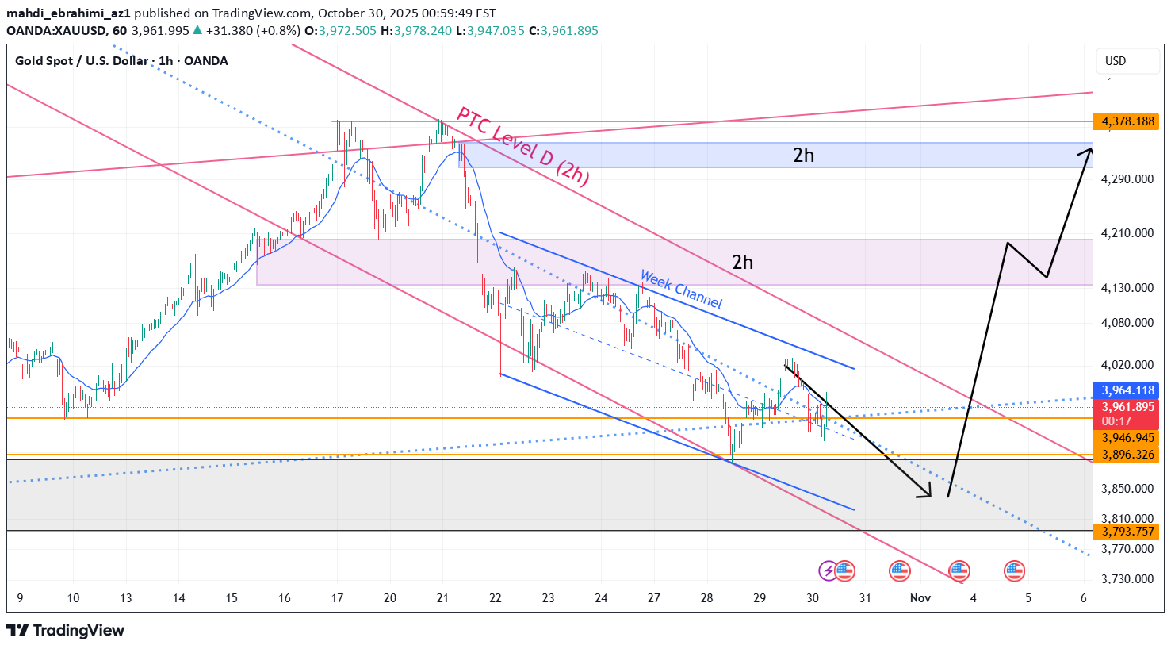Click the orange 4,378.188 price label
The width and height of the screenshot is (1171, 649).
(1125, 121)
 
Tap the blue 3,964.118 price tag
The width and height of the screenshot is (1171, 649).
(1125, 390)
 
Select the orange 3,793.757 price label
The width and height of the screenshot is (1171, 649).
(1125, 532)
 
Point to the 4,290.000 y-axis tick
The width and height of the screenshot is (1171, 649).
(1127, 179)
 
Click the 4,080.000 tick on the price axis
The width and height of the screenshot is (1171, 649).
(1127, 323)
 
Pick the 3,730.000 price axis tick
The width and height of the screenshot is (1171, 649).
(1127, 579)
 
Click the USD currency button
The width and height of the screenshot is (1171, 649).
(1116, 61)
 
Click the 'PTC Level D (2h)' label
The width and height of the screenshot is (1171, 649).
(523, 148)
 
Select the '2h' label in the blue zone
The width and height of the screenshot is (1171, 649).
(803, 156)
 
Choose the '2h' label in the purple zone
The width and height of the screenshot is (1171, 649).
(742, 263)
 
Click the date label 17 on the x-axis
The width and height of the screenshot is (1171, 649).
(337, 598)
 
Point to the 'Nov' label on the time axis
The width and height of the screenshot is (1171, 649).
(920, 598)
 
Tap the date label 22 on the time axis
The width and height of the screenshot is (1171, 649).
(496, 598)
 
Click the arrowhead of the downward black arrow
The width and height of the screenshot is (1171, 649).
(928, 495)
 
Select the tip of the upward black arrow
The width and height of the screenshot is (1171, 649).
(1089, 148)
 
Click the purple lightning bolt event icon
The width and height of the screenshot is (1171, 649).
(828, 570)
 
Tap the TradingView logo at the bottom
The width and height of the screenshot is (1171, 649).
(66, 631)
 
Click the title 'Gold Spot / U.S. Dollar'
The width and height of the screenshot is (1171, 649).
(82, 61)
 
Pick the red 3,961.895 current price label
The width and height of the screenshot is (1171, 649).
(1125, 407)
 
